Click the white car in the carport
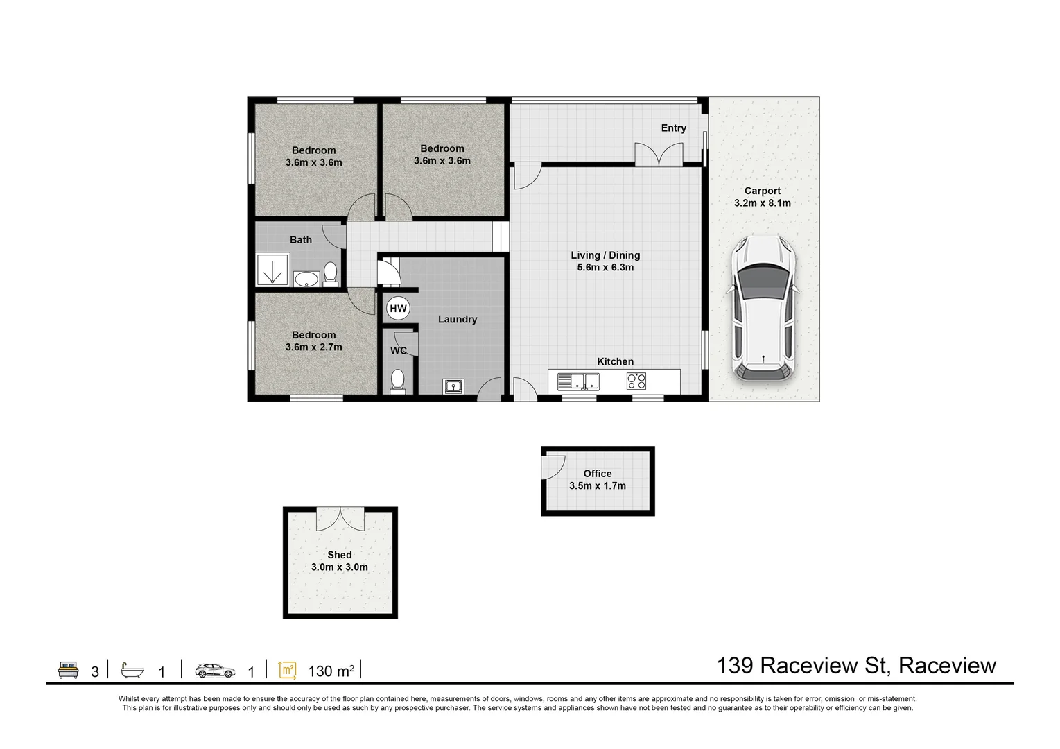pos(763,308)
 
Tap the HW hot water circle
pos(398,309)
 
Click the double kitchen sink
pos(578,381)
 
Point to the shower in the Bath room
pos(272,270)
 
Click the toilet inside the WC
pos(397,381)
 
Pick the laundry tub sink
pos(453,386)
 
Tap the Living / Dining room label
pos(605,255)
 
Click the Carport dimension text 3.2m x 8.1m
pos(763,203)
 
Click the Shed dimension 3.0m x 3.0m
pos(339,567)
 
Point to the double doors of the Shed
pos(340,519)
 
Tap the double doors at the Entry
pos(659,155)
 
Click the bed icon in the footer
pos(68,670)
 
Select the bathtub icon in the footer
pos(132,671)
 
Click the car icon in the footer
pos(215,671)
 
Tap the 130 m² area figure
pos(331,671)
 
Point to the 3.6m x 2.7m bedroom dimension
pos(313,347)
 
